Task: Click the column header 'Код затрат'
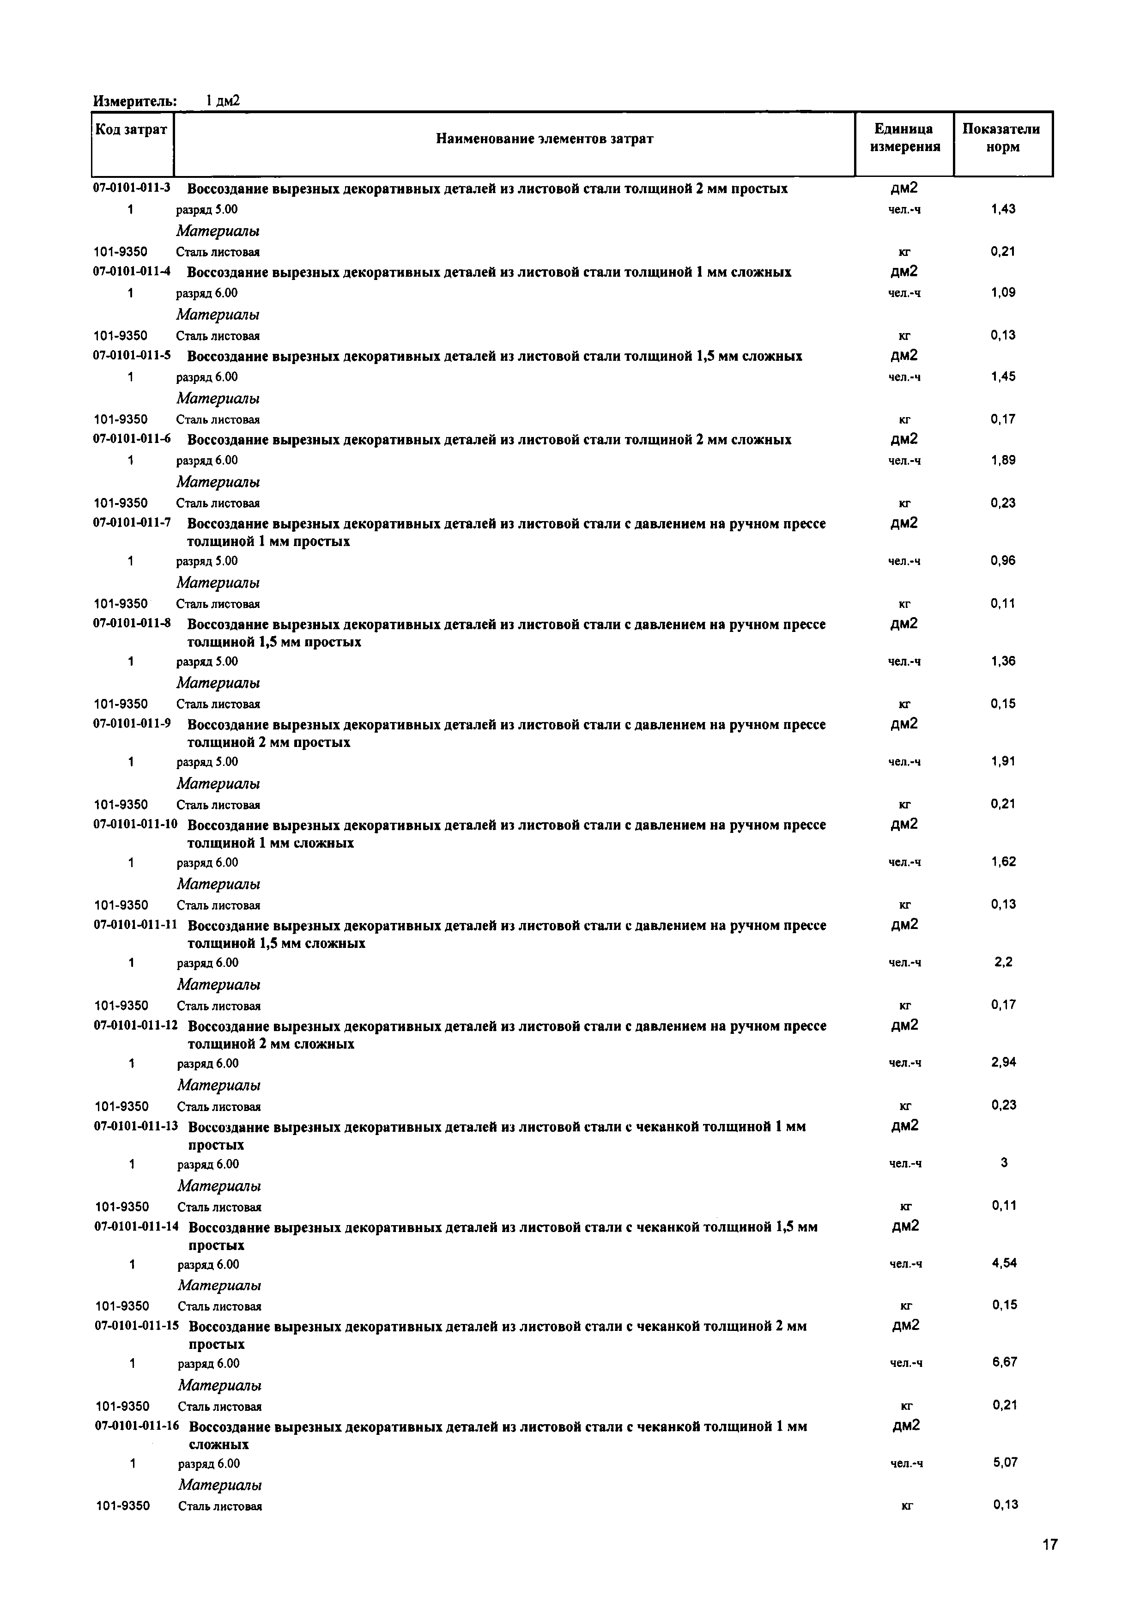(x=132, y=130)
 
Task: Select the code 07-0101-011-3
(x=132, y=188)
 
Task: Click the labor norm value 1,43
(x=1003, y=209)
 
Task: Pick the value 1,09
(x=1003, y=292)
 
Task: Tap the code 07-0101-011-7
(x=132, y=523)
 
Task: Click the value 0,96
(x=1003, y=560)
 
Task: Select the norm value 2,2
(x=1003, y=962)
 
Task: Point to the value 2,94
(x=1003, y=1062)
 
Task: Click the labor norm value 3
(x=1004, y=1162)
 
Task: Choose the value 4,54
(x=1004, y=1263)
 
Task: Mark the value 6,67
(x=1004, y=1362)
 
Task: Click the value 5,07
(x=1005, y=1462)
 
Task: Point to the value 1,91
(x=1003, y=761)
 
